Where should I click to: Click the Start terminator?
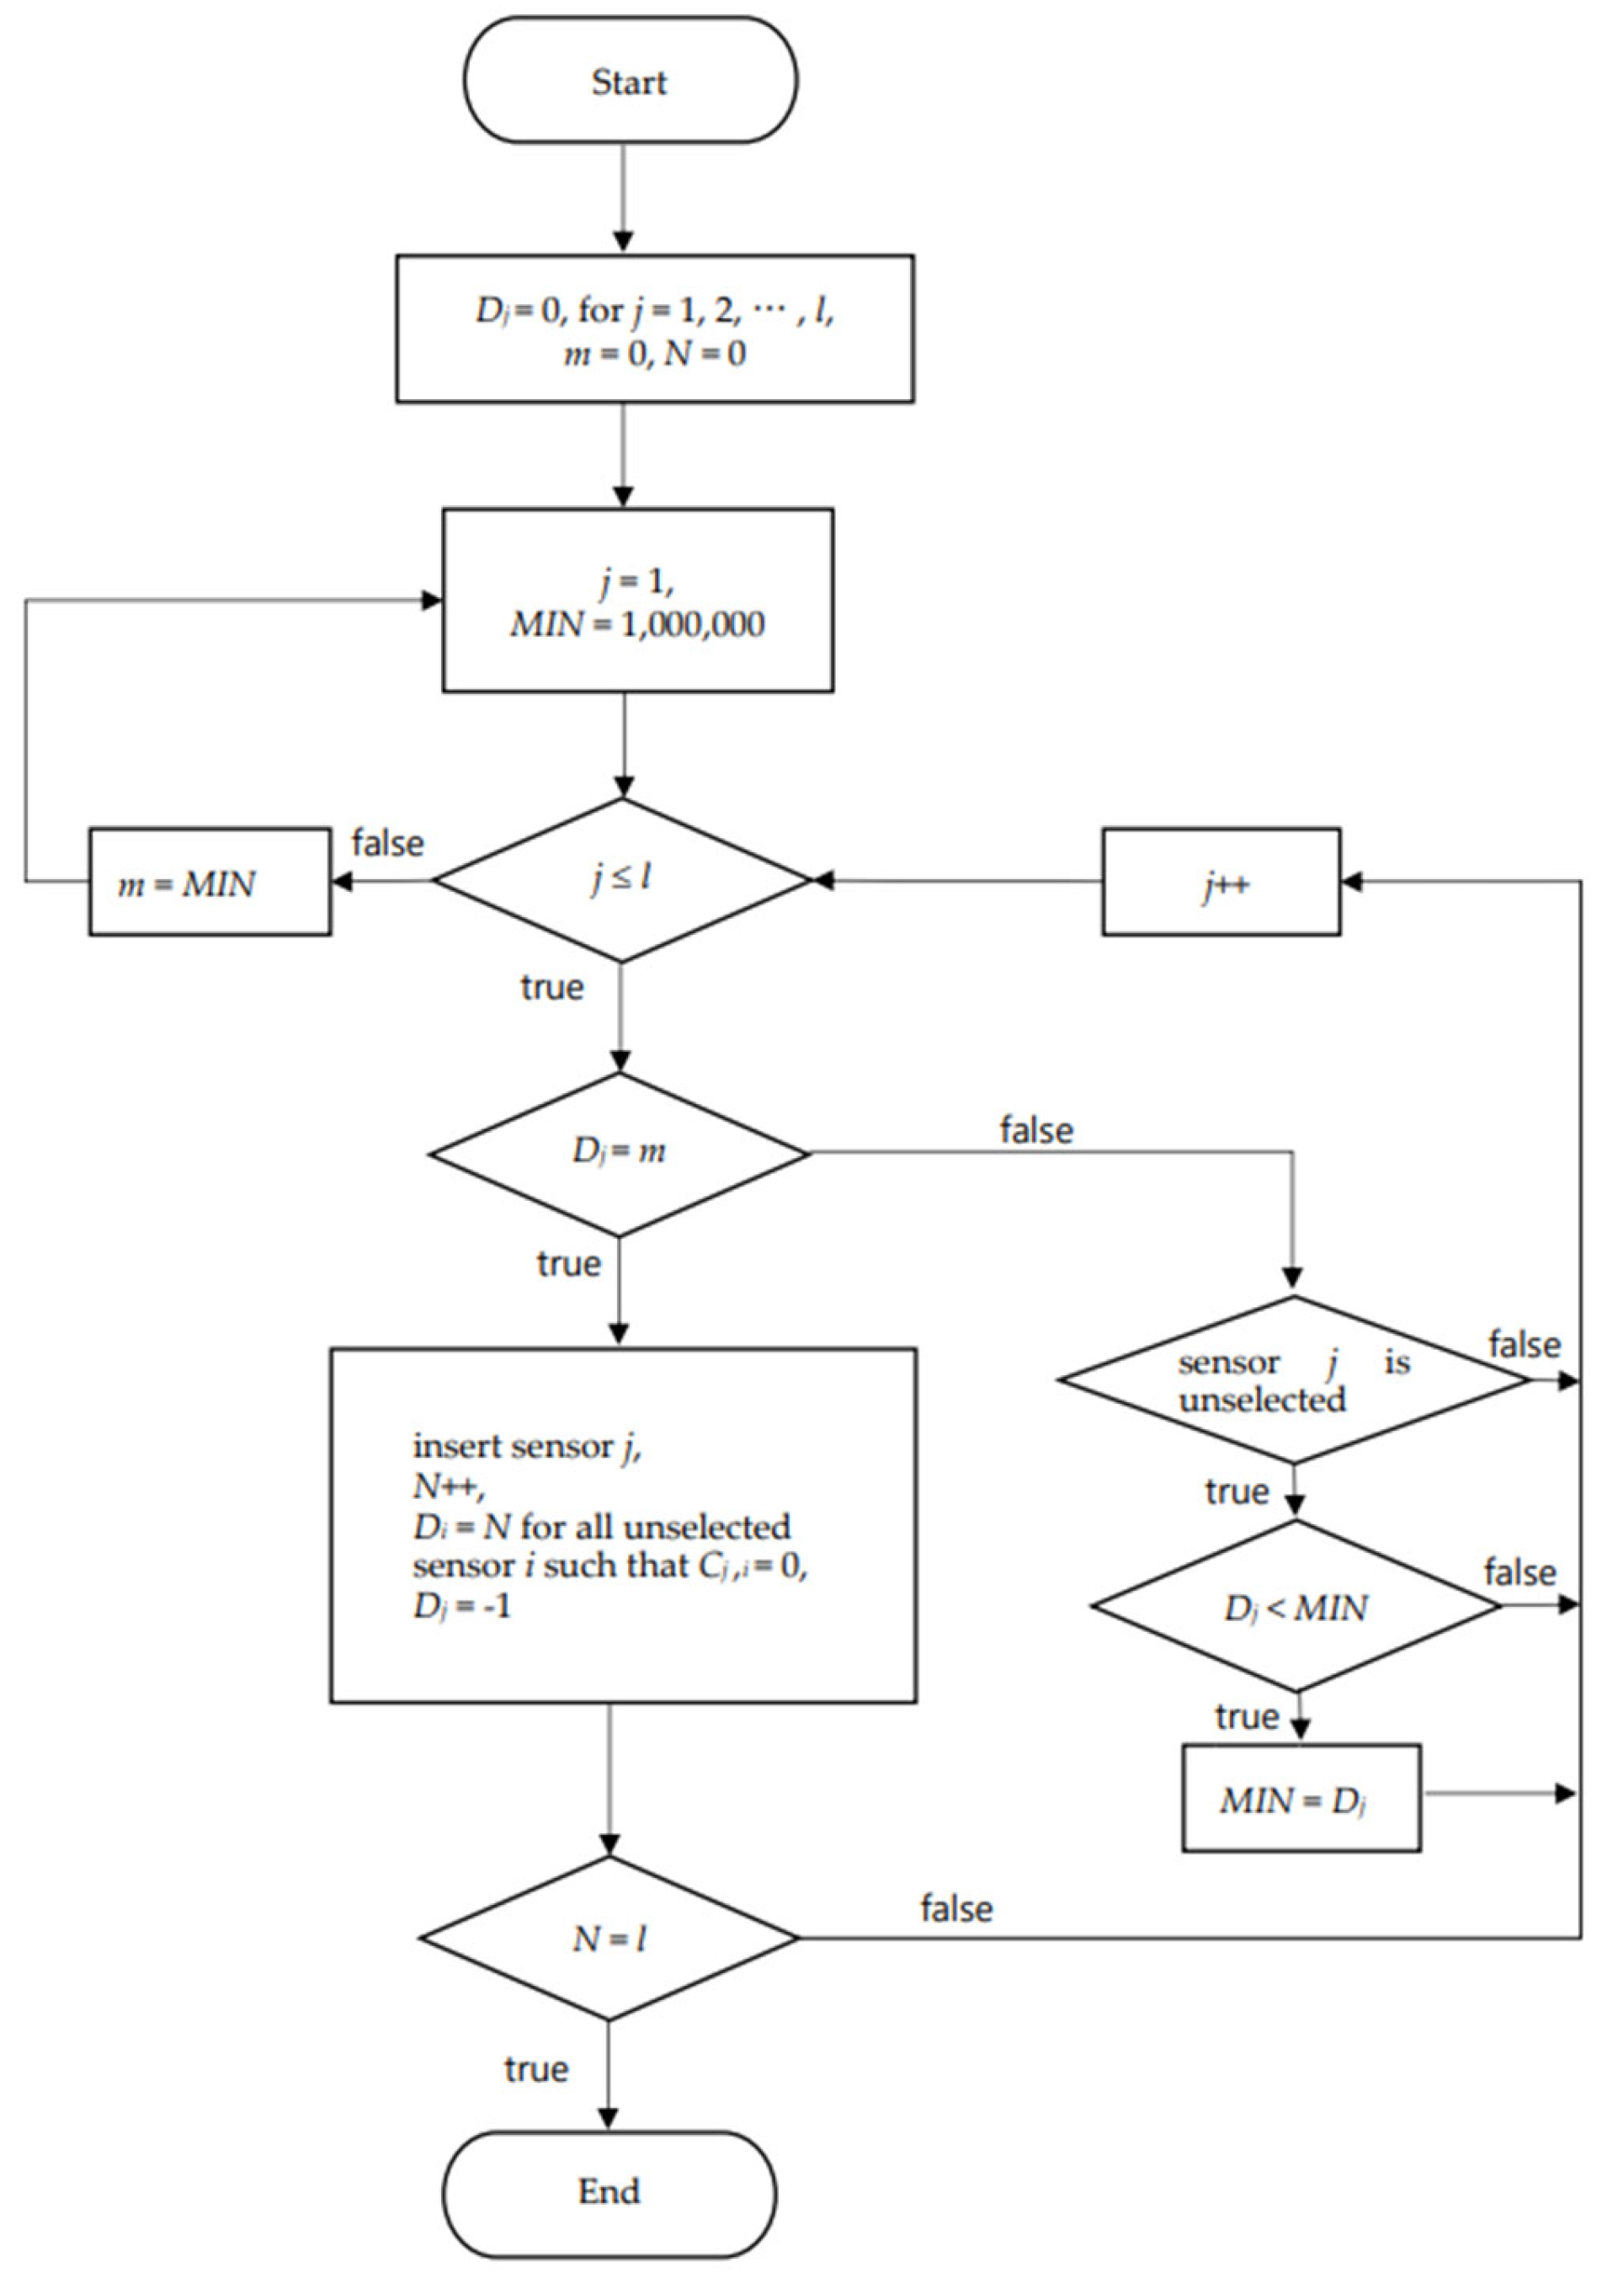[630, 80]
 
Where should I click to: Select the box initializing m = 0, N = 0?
[654, 328]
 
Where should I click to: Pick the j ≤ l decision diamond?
[622, 879]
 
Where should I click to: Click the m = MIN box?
[210, 882]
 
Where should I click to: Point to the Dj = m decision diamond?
[619, 1153]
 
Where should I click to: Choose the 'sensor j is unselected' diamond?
[1294, 1380]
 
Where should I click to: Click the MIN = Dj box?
[1301, 1798]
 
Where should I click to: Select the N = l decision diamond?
[609, 1938]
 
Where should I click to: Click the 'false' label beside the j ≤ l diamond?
[388, 843]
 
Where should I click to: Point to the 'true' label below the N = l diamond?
[535, 2068]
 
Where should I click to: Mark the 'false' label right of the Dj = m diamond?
[1036, 1130]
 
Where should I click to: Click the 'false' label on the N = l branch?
[956, 1908]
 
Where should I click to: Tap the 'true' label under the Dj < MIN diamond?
[1247, 1716]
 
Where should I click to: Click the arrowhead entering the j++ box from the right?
[1350, 881]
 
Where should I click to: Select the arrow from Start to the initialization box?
[623, 199]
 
